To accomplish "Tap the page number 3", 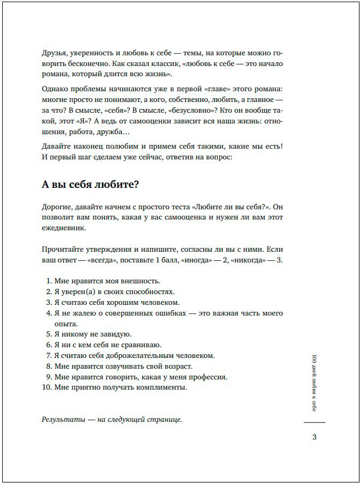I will pyautogui.click(x=314, y=437).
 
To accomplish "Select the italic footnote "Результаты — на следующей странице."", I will pyautogui.click(x=112, y=420).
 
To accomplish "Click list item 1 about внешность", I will pyautogui.click(x=107, y=281).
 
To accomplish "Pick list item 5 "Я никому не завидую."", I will pyautogui.click(x=93, y=334).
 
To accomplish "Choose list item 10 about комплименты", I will pyautogui.click(x=120, y=387).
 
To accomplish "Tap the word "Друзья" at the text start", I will pyautogui.click(x=53, y=53).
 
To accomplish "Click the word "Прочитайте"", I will pyautogui.click(x=62, y=250).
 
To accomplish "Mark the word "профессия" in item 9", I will pyautogui.click(x=208, y=377).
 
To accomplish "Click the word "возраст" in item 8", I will pyautogui.click(x=178, y=366).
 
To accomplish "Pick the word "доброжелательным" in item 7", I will pyautogui.click(x=144, y=355).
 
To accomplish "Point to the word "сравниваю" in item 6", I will pyautogui.click(x=142, y=345).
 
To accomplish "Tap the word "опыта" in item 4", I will pyautogui.click(x=66, y=324).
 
